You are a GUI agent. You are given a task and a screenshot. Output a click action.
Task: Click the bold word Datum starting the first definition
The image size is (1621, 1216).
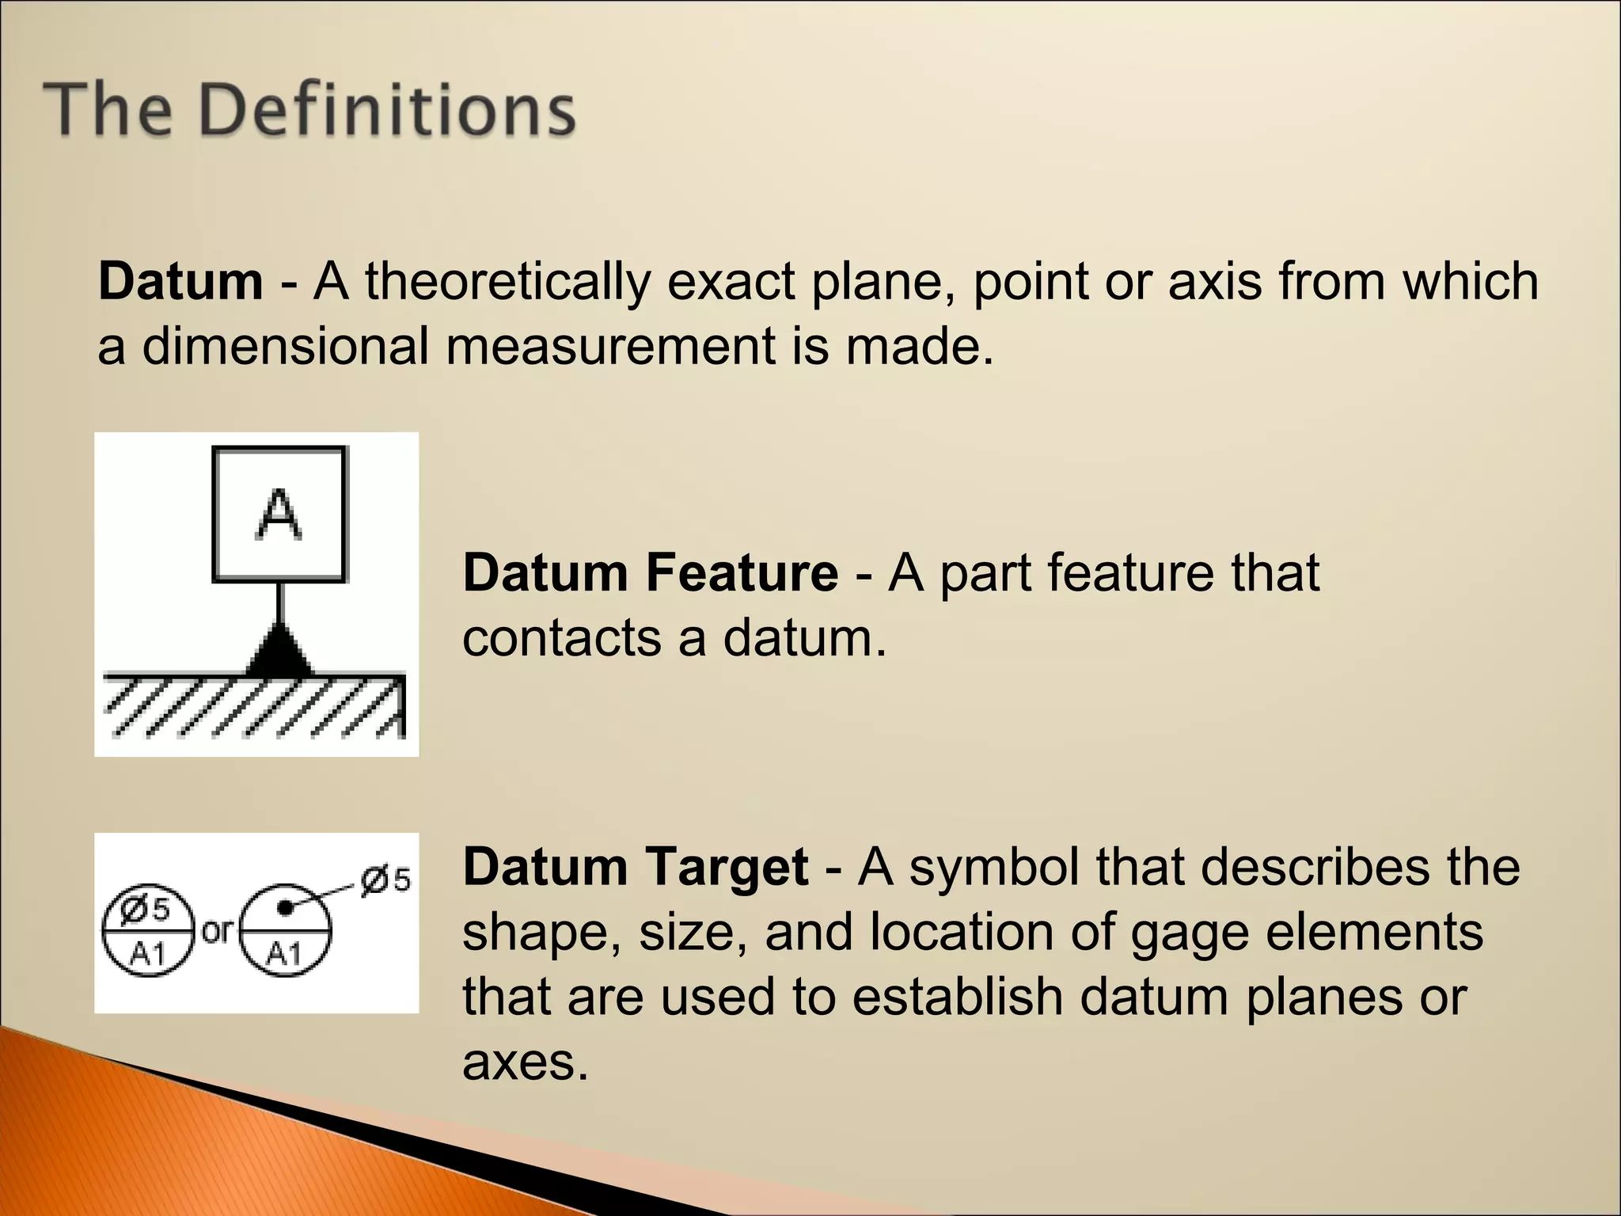[180, 281]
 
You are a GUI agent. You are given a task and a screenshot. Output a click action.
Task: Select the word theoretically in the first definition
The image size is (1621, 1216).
[507, 281]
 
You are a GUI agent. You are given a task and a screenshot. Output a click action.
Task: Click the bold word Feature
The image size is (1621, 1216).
[742, 572]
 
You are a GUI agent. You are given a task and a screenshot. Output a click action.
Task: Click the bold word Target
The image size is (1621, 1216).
[727, 866]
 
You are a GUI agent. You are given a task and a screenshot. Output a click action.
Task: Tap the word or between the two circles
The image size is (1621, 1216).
[216, 931]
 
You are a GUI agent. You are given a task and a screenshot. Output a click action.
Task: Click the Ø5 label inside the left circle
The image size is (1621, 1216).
[146, 910]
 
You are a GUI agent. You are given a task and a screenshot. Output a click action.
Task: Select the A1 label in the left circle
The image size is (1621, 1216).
[147, 954]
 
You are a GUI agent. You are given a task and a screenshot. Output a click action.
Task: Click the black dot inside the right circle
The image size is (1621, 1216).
[285, 908]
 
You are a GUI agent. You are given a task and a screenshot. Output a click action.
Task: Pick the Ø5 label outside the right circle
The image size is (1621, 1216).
[385, 880]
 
